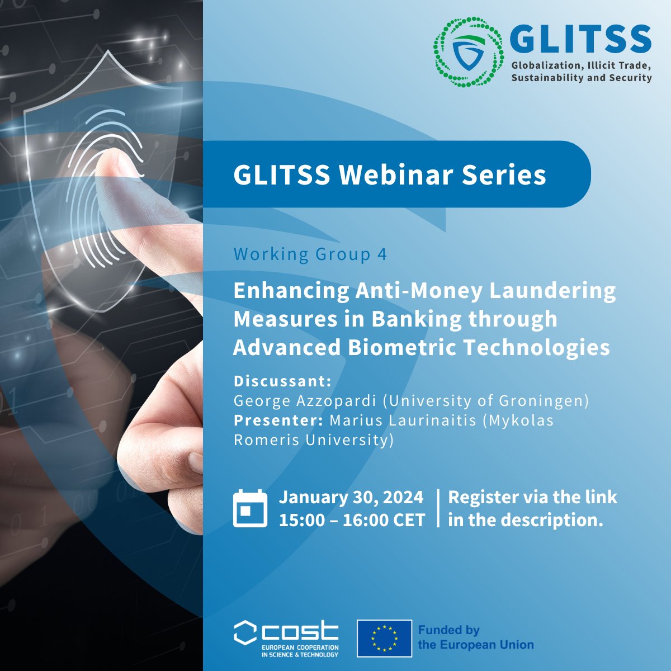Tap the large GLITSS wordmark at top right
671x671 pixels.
(x=580, y=39)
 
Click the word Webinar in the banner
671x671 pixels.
(x=396, y=175)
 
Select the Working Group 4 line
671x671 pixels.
(x=310, y=254)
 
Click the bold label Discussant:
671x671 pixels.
(x=282, y=381)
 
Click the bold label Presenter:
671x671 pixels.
(x=278, y=420)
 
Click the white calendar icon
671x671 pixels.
(x=250, y=508)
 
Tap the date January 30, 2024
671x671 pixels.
(x=351, y=497)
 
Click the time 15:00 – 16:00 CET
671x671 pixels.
(x=352, y=520)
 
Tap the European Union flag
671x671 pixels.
(x=385, y=638)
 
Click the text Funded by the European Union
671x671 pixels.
(x=475, y=638)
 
